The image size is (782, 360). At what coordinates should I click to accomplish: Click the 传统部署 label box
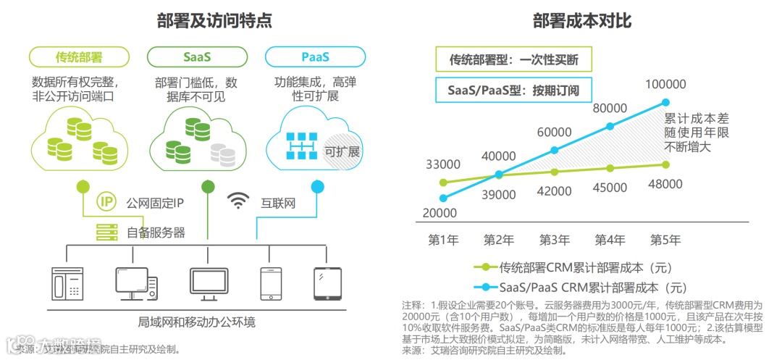pyautogui.click(x=79, y=56)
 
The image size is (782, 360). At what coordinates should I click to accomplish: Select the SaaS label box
pyautogui.click(x=197, y=56)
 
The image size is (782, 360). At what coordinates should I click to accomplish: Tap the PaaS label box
pyautogui.click(x=315, y=56)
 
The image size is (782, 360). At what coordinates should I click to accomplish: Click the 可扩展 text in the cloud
pyautogui.click(x=342, y=151)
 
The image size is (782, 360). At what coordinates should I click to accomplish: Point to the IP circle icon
pyautogui.click(x=106, y=202)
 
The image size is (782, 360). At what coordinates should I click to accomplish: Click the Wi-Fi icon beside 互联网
pyautogui.click(x=238, y=201)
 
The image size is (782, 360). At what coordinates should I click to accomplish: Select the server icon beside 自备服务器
pyautogui.click(x=106, y=233)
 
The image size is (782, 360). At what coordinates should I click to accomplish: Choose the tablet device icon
pyautogui.click(x=327, y=283)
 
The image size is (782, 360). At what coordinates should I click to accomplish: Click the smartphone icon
pyautogui.click(x=270, y=283)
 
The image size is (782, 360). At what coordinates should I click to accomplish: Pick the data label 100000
pyautogui.click(x=666, y=85)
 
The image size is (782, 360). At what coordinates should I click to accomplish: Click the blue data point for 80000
pyautogui.click(x=610, y=126)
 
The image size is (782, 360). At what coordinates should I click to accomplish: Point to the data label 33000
pyautogui.click(x=443, y=164)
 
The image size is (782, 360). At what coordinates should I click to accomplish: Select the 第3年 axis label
pyautogui.click(x=555, y=240)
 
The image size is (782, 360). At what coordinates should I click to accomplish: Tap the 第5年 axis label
pyautogui.click(x=665, y=240)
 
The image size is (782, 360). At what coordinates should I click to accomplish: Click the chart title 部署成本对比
pyautogui.click(x=581, y=21)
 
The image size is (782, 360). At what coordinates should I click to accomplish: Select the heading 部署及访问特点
pyautogui.click(x=215, y=21)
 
